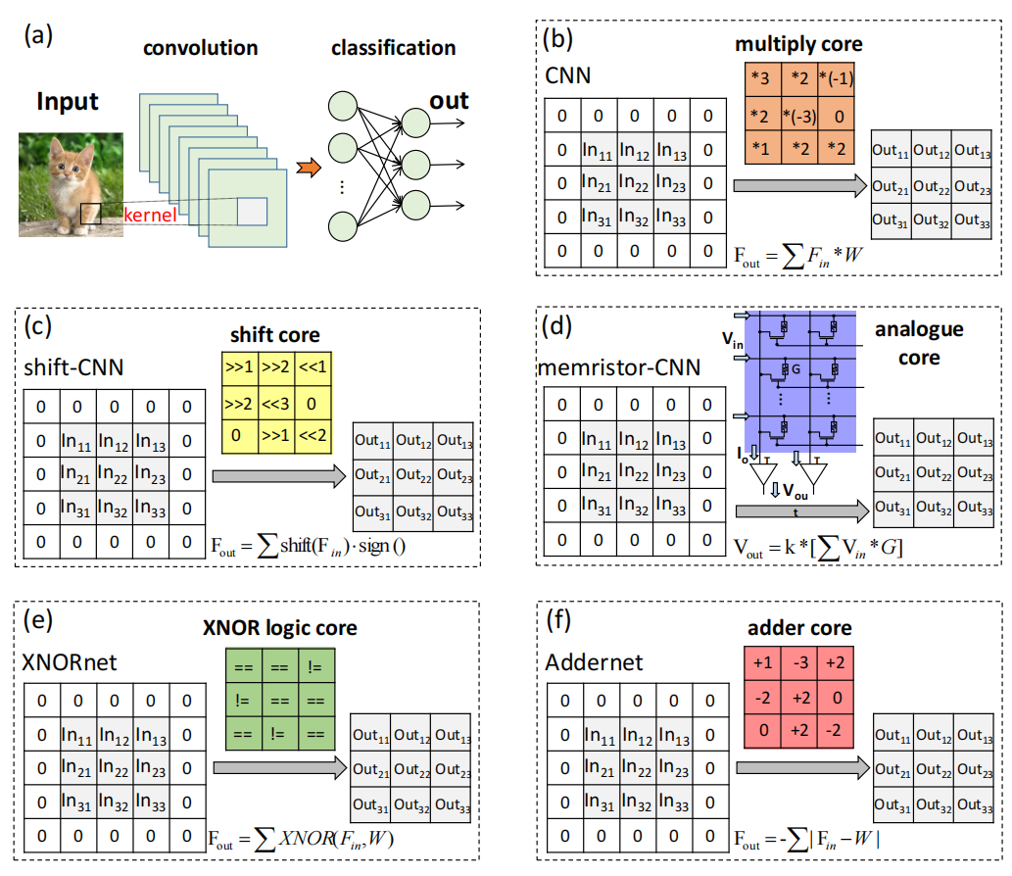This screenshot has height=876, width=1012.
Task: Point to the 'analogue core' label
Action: [x=918, y=343]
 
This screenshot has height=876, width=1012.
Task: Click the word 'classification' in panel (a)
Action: [x=393, y=47]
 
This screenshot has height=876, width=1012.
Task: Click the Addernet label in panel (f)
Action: [x=595, y=662]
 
